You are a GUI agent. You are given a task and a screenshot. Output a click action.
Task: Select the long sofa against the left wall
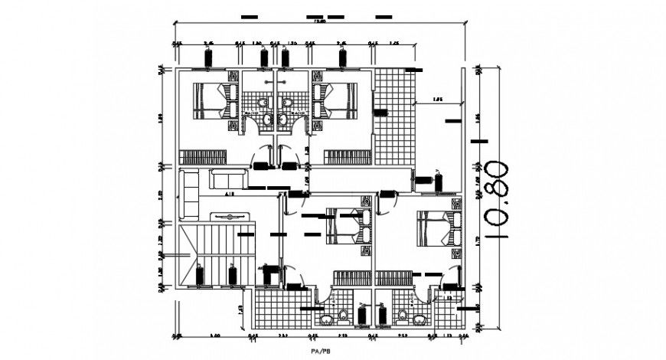188,195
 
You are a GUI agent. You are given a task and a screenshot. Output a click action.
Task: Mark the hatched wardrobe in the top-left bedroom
204,157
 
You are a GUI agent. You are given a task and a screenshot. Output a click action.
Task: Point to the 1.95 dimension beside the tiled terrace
438,100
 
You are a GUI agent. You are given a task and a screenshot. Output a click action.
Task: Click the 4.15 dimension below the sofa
229,196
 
